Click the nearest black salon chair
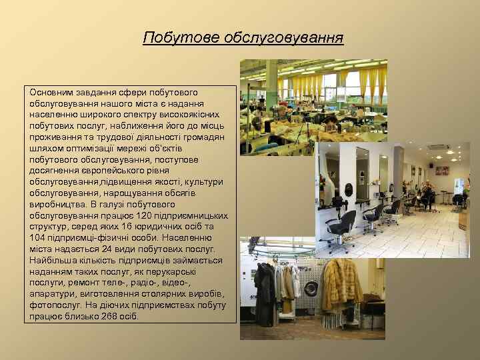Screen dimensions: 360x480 342,227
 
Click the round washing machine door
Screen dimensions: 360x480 309,289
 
